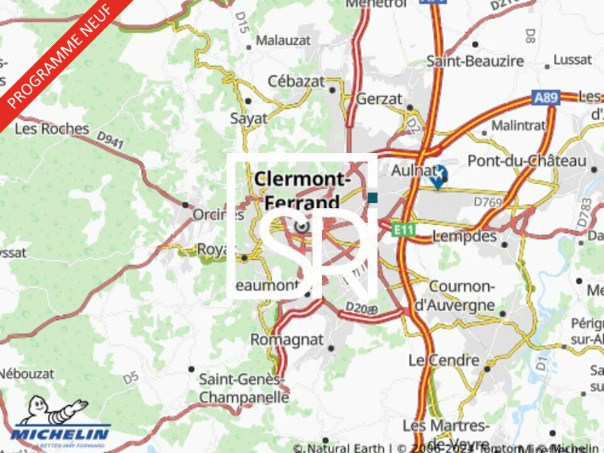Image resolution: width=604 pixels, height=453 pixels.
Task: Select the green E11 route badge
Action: (403, 230)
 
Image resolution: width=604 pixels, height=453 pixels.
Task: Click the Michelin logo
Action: (59, 425)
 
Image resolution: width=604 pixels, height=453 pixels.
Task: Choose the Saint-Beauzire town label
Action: (475, 61)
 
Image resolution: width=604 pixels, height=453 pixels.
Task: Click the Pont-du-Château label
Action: (527, 161)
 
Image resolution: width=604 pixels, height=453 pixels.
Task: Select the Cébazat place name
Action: (296, 81)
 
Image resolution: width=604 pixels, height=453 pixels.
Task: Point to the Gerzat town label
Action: (379, 99)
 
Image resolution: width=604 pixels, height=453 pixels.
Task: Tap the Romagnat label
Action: (287, 340)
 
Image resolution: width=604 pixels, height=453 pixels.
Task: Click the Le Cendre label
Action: (444, 361)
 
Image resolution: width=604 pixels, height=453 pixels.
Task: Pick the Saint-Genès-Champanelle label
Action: (243, 388)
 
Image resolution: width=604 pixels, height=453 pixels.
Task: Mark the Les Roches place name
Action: (52, 129)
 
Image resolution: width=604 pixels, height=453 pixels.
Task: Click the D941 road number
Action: (110, 140)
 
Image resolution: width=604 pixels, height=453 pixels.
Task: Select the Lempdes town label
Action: (464, 237)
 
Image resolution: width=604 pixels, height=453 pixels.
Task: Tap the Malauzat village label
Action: (283, 41)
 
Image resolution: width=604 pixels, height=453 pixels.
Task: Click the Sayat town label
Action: (249, 118)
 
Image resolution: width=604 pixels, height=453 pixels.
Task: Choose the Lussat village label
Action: (573, 60)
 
